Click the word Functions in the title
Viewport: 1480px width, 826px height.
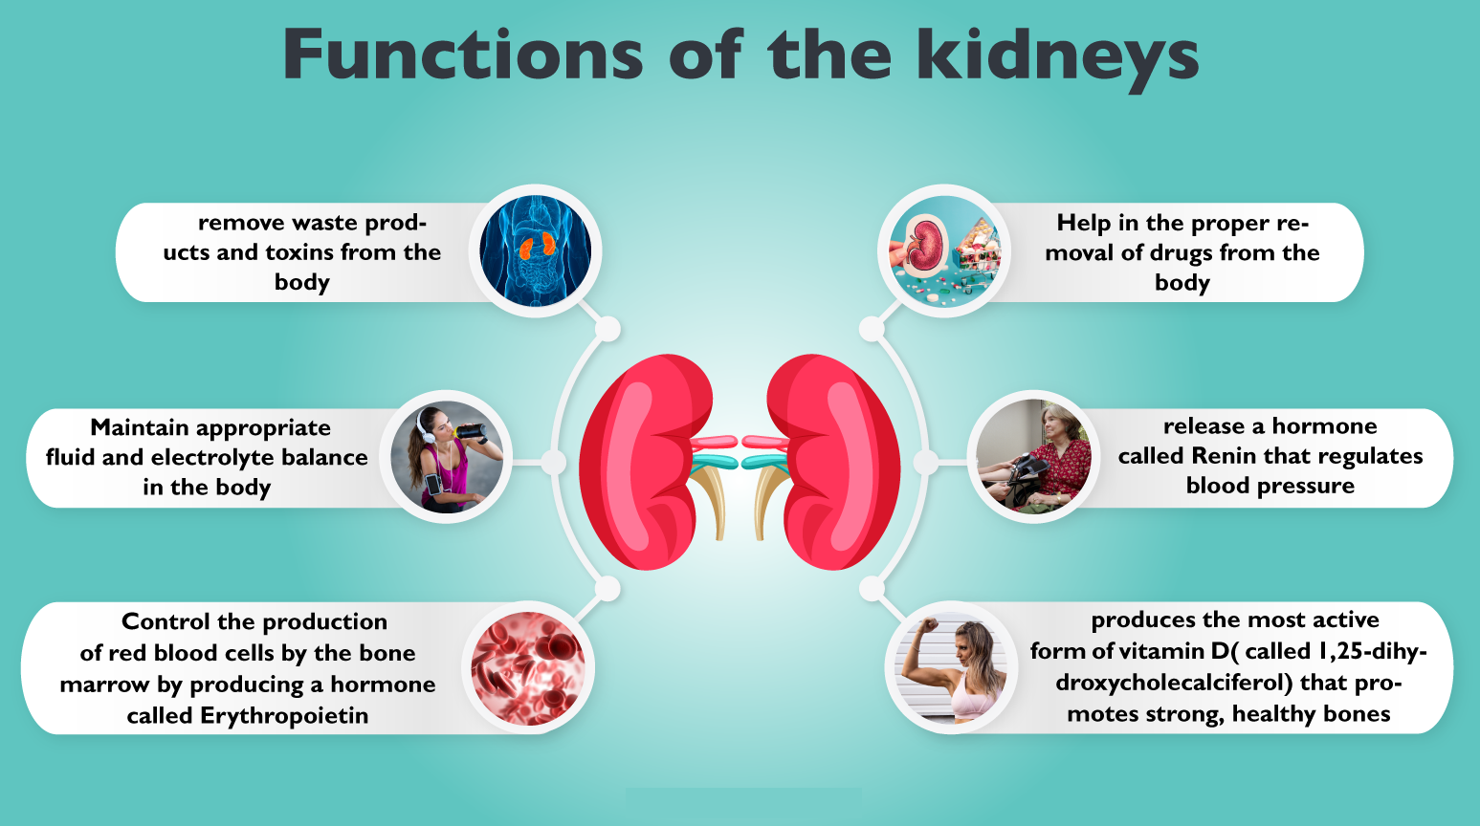pos(463,55)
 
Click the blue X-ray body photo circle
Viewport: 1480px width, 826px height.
pos(536,250)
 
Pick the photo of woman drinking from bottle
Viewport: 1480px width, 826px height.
pos(447,457)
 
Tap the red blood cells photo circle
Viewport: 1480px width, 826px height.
pos(528,667)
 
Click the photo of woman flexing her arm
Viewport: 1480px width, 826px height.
pos(951,667)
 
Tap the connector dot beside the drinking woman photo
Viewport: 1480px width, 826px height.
pos(554,463)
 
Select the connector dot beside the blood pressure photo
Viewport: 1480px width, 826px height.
pos(925,463)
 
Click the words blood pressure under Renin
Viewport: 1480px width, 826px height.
pos(1270,486)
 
